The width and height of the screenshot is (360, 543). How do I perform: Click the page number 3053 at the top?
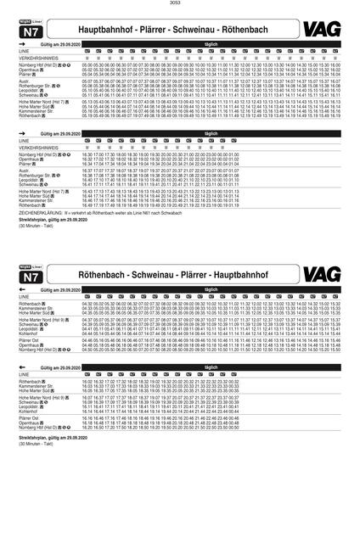tap(180, 4)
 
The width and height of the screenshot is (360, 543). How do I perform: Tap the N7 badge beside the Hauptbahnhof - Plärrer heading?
tap(29, 31)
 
